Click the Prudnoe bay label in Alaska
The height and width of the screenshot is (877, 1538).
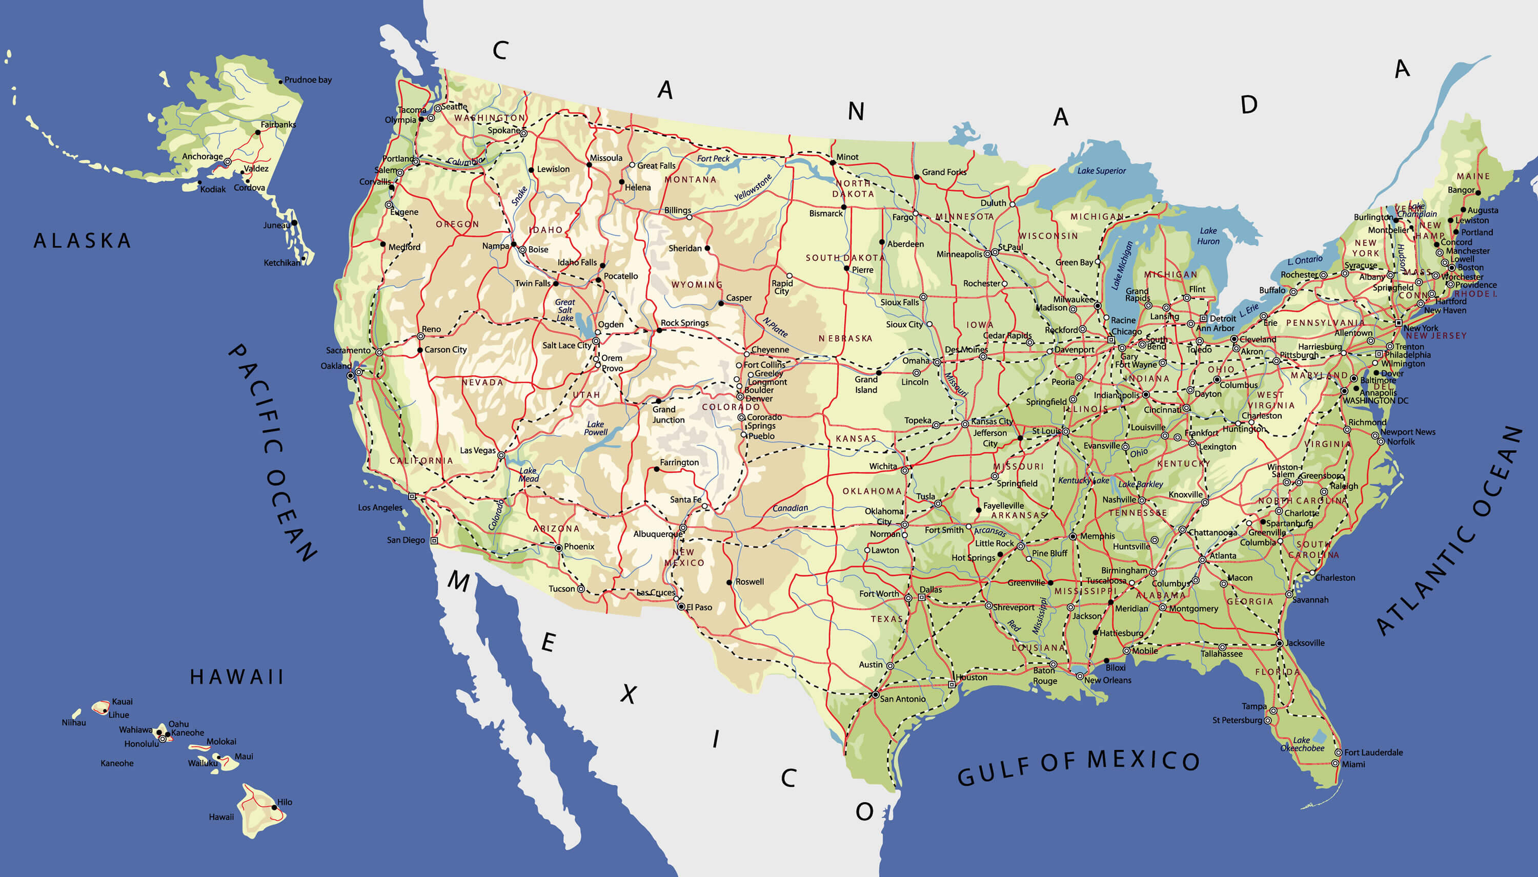pos(308,79)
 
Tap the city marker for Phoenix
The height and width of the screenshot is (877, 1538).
pos(559,548)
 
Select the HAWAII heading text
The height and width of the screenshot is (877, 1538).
pos(237,676)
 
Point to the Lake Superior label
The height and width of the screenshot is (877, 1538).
pos(1101,171)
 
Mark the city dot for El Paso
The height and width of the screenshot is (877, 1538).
pos(681,607)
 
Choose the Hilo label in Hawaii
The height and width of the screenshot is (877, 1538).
pos(285,802)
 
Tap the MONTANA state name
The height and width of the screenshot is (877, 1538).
pos(690,179)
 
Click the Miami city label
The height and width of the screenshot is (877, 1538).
pos(1353,764)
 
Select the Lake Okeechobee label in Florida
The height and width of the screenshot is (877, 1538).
pos(1302,744)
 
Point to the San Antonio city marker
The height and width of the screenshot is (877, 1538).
pos(875,695)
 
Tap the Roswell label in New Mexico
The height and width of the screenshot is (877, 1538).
pos(749,581)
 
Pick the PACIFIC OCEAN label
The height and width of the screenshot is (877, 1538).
pos(272,452)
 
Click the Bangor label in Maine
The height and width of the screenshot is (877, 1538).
pos(1461,190)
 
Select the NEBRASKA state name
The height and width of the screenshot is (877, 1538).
pos(845,339)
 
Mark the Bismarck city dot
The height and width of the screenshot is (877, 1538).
pos(844,206)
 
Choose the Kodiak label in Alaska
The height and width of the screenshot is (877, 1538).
pos(213,189)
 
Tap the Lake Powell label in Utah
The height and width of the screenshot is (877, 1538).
pos(595,428)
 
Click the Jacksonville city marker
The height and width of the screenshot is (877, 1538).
pos(1279,643)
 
